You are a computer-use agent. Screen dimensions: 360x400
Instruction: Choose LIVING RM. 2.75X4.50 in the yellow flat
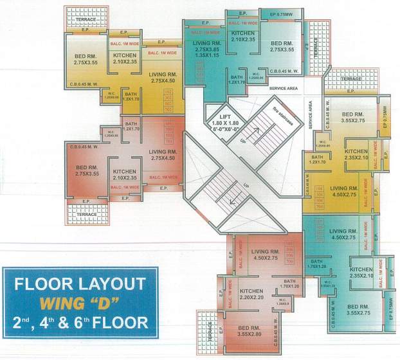pos(163,78)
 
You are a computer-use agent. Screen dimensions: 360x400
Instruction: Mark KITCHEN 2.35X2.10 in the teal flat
pos(361,273)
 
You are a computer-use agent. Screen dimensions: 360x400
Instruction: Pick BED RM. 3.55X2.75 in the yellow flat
pos(354,116)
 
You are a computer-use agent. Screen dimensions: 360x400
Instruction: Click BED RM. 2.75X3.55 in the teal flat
pos(282,46)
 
